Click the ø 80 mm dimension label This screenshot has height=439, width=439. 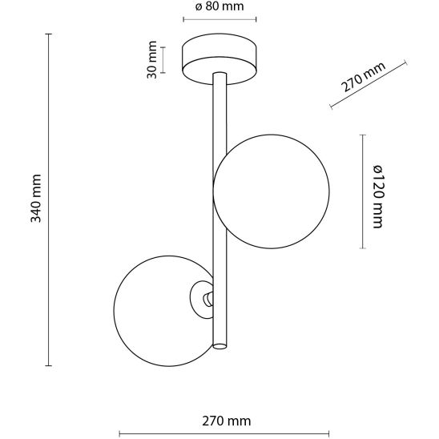point(219,6)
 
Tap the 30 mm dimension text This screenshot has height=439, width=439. point(152,59)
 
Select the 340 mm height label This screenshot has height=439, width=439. point(36,198)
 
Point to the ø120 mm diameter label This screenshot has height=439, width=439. point(377,196)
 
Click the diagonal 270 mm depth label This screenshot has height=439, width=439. point(363,77)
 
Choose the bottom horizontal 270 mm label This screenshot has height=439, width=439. point(227,421)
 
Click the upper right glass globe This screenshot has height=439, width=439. point(271,191)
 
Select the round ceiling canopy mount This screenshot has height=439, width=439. point(219,59)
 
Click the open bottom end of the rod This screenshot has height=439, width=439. point(219,346)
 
